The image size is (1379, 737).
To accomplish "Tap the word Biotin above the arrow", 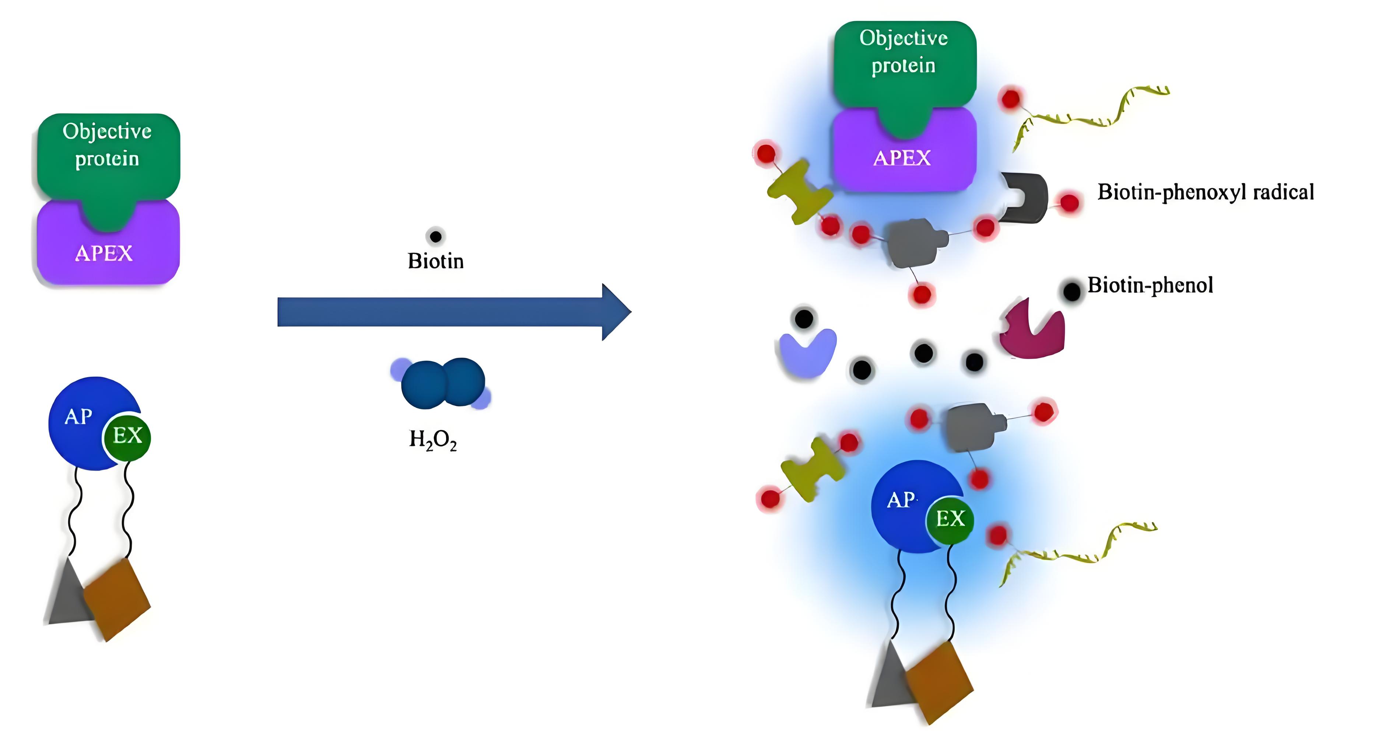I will click(x=435, y=261).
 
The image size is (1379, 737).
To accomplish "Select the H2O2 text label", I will click(x=432, y=440).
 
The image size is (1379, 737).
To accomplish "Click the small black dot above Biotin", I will click(x=435, y=236).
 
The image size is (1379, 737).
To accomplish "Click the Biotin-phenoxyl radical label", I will click(x=1205, y=192).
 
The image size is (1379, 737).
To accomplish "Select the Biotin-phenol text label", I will click(x=1150, y=285).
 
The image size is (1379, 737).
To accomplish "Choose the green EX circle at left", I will click(x=127, y=437).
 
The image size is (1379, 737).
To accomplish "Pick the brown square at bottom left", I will click(x=117, y=599).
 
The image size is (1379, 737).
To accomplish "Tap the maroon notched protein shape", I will click(x=1032, y=332).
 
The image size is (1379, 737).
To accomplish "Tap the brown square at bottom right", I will click(x=938, y=681).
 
